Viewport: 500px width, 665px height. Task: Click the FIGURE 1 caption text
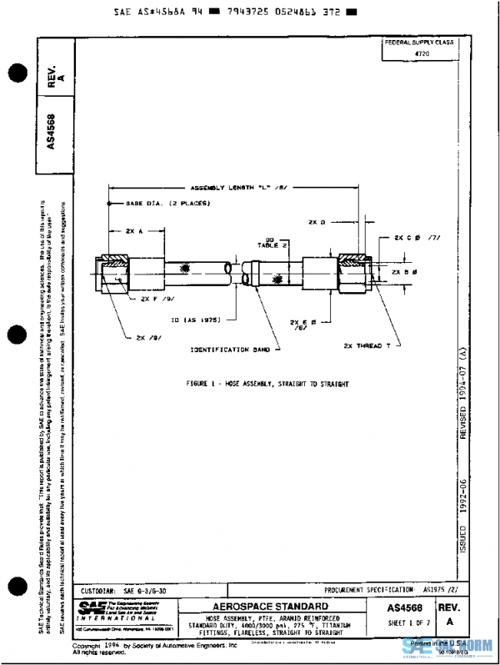(x=267, y=384)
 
